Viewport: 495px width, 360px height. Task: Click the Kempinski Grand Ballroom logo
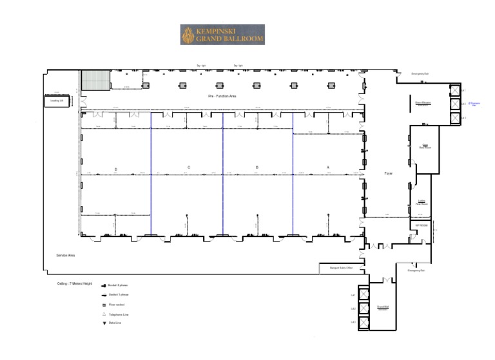tap(222, 35)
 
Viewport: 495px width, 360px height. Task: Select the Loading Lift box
tap(56, 100)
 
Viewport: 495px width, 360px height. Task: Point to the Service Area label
tap(66, 256)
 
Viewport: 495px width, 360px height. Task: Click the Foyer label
tap(389, 173)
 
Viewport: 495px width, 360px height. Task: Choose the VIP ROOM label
tap(422, 225)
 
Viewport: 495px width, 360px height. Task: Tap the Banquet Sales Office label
tap(341, 268)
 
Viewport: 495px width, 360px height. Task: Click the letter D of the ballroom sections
tap(116, 169)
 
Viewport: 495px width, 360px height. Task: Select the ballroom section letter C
tap(189, 167)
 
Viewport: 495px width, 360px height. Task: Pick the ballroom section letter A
tap(328, 167)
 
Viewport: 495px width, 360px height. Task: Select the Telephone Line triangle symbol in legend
tap(103, 314)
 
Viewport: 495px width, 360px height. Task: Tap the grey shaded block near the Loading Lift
tap(95, 81)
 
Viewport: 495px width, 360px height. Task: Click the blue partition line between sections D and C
tap(151, 174)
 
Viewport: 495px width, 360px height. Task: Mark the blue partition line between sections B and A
tap(293, 174)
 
